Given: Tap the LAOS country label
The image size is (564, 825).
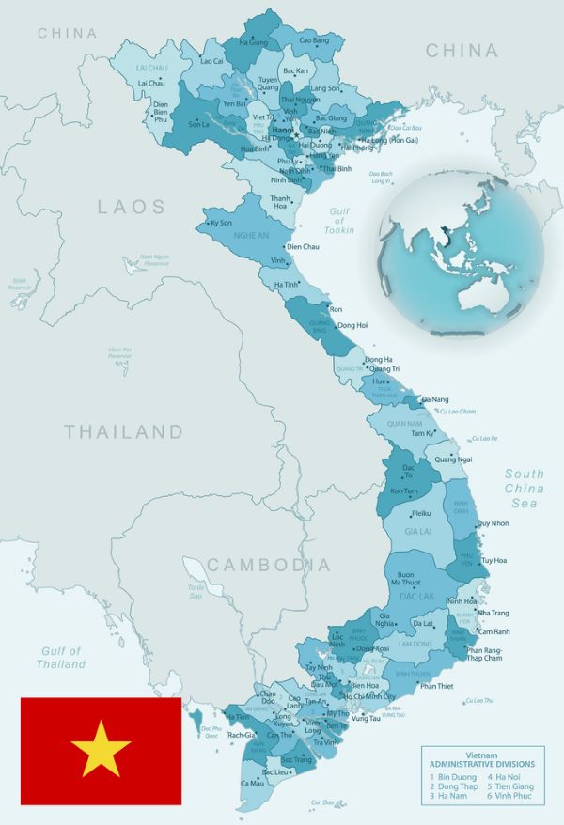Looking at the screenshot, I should tap(132, 207).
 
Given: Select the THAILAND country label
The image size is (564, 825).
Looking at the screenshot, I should tap(123, 432).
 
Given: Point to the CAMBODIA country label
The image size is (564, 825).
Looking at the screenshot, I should tap(269, 565).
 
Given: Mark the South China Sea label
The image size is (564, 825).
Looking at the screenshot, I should tap(524, 489).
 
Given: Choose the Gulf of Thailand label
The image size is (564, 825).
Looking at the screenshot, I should tap(61, 657).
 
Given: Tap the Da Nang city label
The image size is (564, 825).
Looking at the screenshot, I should tap(435, 400).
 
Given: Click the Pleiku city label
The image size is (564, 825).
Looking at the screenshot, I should tap(421, 514).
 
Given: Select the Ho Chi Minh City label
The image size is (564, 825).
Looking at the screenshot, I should tap(369, 697).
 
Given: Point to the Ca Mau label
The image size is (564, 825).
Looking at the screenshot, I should tap(252, 783).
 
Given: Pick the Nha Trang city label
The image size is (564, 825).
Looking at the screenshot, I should tap(493, 613).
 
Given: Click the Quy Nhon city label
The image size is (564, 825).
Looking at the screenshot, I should tap(493, 523).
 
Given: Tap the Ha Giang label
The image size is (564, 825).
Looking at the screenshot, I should tap(254, 42).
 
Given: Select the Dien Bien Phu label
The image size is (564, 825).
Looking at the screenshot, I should tap(160, 111).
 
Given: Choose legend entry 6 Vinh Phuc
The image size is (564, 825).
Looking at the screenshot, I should tap(511, 796).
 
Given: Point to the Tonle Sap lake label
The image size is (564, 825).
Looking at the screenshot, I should tap(196, 591).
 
